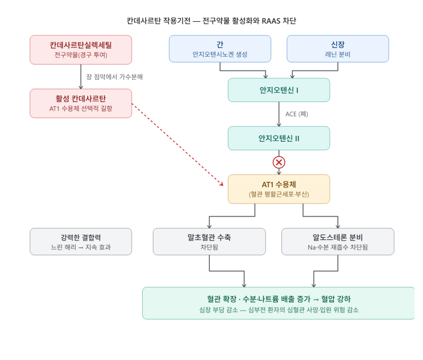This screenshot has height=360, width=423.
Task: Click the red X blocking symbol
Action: (x=279, y=162)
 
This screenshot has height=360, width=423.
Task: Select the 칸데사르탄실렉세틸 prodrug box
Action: (x=81, y=50)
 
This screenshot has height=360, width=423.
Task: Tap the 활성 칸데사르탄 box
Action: (x=81, y=103)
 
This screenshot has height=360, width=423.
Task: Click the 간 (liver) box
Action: (x=220, y=49)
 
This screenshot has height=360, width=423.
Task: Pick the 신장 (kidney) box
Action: (x=338, y=49)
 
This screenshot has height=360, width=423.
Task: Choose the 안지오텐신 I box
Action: (x=279, y=90)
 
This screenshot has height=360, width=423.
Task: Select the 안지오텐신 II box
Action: (x=279, y=138)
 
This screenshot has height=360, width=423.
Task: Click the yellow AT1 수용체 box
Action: (x=279, y=189)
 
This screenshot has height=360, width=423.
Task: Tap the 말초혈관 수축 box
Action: (x=209, y=242)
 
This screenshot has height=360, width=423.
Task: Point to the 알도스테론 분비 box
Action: (x=338, y=242)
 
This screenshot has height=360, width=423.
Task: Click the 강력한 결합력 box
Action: (x=81, y=242)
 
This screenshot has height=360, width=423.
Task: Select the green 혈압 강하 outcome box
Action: (x=279, y=303)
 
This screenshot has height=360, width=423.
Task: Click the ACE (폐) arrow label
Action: (x=297, y=114)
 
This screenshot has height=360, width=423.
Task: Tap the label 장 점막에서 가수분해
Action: (x=114, y=77)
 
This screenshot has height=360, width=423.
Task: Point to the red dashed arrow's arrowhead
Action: (x=222, y=184)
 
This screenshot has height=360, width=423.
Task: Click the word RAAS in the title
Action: (x=271, y=21)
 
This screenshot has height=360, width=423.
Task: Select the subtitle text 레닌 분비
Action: (x=338, y=54)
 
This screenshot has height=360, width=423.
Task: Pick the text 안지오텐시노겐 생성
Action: (x=220, y=54)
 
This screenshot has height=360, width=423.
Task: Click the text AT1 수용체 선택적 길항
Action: (x=81, y=109)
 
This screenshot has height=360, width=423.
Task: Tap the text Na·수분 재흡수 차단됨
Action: (x=338, y=247)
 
